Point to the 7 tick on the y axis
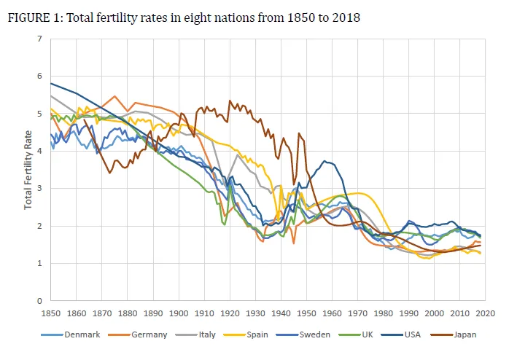click(x=42, y=39)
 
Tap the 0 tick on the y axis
click(x=42, y=300)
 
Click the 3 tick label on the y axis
click(x=42, y=188)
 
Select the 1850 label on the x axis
click(x=50, y=313)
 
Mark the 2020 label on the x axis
click(x=486, y=313)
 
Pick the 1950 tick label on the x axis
click(x=306, y=313)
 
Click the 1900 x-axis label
click(x=179, y=313)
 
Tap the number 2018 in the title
click(x=345, y=18)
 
